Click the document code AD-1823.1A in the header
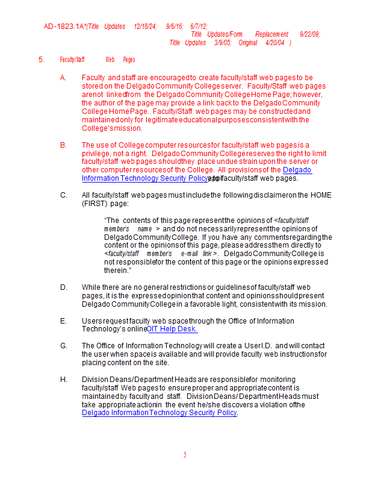[x=64, y=27]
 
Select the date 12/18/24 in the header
[x=144, y=27]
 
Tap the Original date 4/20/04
[x=273, y=43]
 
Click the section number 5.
[x=42, y=60]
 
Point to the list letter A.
[x=63, y=78]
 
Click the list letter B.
[x=63, y=145]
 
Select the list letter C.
[x=63, y=195]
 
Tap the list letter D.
[x=63, y=287]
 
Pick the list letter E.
[x=63, y=321]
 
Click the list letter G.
[x=63, y=346]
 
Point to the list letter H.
[x=63, y=380]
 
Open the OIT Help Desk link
[x=172, y=330]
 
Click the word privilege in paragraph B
[x=97, y=154]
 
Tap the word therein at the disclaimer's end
[x=117, y=271]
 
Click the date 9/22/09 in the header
[x=309, y=34]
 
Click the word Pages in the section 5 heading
[x=129, y=60]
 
